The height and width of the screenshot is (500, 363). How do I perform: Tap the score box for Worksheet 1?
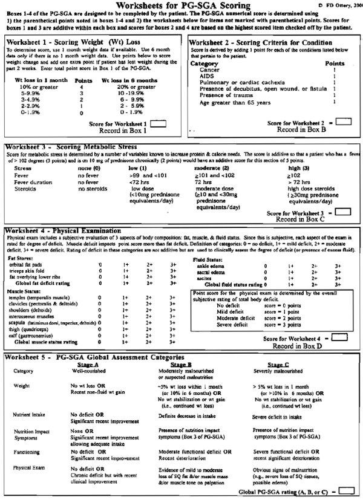click(x=159, y=124)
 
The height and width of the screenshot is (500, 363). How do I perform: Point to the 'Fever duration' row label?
click(x=27, y=182)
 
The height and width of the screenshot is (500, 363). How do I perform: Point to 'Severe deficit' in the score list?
click(x=219, y=320)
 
